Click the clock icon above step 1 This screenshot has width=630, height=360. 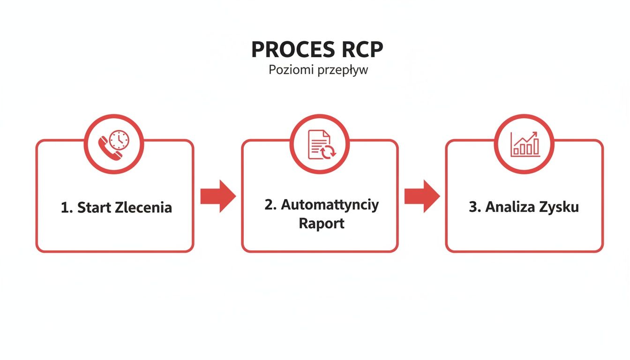(x=120, y=139)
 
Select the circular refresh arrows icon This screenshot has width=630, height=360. (x=328, y=151)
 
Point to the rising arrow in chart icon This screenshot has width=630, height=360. (x=527, y=137)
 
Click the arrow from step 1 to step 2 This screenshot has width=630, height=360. (x=218, y=196)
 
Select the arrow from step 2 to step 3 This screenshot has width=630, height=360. (x=422, y=196)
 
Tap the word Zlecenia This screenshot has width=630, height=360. (x=143, y=207)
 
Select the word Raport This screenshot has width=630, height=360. (x=322, y=223)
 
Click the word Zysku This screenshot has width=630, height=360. (x=561, y=207)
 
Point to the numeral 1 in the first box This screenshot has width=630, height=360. (x=65, y=207)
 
